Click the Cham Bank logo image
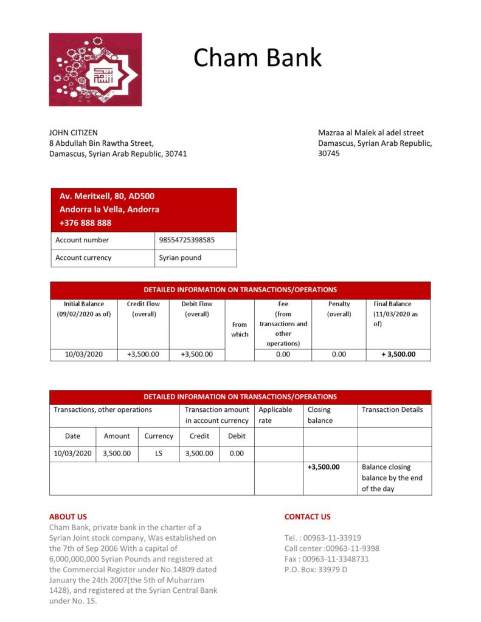pyautogui.click(x=95, y=69)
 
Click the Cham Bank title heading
pyautogui.click(x=257, y=58)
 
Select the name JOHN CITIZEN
pyautogui.click(x=73, y=132)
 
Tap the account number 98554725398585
pyautogui.click(x=187, y=240)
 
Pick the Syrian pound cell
pyautogui.click(x=180, y=258)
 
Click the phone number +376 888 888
pyautogui.click(x=85, y=222)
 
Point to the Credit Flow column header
pyautogui.click(x=144, y=309)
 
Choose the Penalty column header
pyautogui.click(x=339, y=309)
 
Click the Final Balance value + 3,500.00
pyautogui.click(x=398, y=354)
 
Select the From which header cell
pyautogui.click(x=240, y=329)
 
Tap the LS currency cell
pyautogui.click(x=159, y=453)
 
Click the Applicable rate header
pyautogui.click(x=275, y=415)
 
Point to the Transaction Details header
pyautogui.click(x=392, y=409)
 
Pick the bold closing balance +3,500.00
pyautogui.click(x=324, y=467)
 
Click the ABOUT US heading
pyautogui.click(x=68, y=517)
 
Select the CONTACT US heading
pyautogui.click(x=307, y=517)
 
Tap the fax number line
pyautogui.click(x=327, y=559)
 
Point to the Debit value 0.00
pyautogui.click(x=237, y=453)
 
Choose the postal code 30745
pyautogui.click(x=329, y=154)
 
